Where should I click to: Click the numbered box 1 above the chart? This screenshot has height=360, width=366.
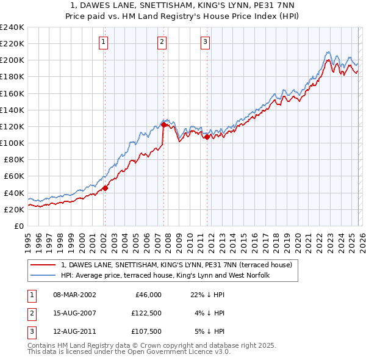pos(104,42)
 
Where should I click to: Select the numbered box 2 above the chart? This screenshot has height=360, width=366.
pos(162,42)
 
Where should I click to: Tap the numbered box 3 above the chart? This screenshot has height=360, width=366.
pos(205,42)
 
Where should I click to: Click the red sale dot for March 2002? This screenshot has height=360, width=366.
pos(105,188)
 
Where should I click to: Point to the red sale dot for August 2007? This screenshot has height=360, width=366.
pos(163,124)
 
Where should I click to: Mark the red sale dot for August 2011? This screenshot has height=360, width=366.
pos(207,137)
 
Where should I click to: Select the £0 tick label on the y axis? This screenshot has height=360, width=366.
pos(18,226)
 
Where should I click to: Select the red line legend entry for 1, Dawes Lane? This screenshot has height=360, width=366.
pos(177,265)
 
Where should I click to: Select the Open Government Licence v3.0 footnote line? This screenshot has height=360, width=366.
pos(129,353)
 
